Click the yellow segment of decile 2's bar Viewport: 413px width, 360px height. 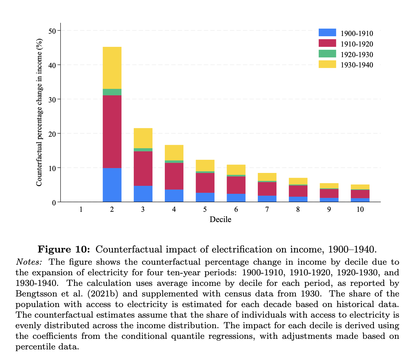112,68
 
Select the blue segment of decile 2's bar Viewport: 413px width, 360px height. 112,185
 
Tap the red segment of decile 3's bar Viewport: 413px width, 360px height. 143,168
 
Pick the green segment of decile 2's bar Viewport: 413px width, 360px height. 112,92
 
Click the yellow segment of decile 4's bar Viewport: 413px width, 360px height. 174,152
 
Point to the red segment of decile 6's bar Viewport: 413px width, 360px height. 236,185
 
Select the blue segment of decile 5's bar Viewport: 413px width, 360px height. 205,197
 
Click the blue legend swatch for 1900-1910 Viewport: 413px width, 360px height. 327,33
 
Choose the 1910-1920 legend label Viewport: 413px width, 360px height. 357,44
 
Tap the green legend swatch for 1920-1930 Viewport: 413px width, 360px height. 327,54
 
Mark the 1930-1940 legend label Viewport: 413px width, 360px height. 357,65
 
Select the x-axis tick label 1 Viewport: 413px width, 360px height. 81,210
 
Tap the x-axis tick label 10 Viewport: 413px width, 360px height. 360,210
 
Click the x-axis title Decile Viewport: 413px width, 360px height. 220,219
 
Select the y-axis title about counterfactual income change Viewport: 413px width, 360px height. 39,112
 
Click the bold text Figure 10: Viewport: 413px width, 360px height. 64,249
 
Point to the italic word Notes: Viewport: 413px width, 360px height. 29,262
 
